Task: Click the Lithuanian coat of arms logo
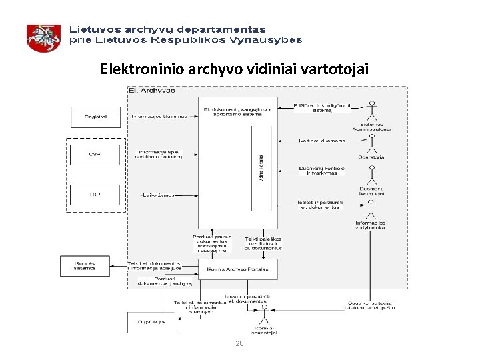(x=43, y=37)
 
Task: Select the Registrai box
(x=95, y=117)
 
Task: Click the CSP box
(x=95, y=155)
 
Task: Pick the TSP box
(x=95, y=194)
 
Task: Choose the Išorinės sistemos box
(x=85, y=265)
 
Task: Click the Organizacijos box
(x=152, y=321)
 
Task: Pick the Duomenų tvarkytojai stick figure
(x=372, y=175)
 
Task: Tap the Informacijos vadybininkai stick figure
(x=371, y=209)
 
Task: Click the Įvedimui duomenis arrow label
(x=323, y=141)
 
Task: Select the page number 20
(x=239, y=344)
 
